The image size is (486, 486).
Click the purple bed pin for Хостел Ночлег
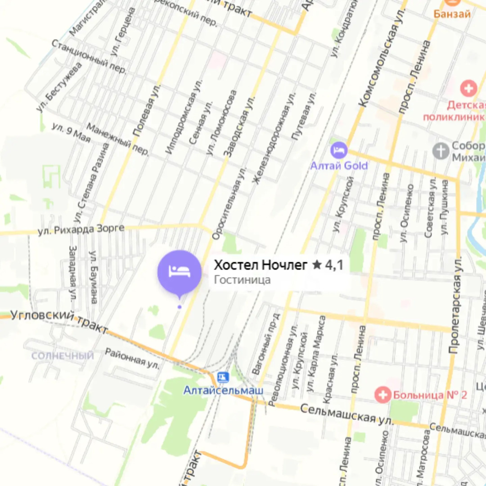[x=179, y=272]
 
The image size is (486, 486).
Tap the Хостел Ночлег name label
[x=261, y=265]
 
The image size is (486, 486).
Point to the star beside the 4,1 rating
[x=317, y=265]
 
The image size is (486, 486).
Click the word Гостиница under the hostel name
[x=242, y=280]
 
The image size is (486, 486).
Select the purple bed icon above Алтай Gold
[x=338, y=150]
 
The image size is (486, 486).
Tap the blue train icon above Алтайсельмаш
[x=223, y=377]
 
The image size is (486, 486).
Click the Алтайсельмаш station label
[x=223, y=390]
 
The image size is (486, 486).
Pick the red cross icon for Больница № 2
[x=383, y=395]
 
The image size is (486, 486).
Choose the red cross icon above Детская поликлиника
[x=468, y=88]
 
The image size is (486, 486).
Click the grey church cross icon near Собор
[x=441, y=151]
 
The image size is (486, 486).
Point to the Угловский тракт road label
[x=58, y=320]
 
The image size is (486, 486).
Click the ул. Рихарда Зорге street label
[x=81, y=229]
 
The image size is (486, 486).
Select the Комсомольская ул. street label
[x=379, y=66]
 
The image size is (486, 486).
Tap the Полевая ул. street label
[x=147, y=110]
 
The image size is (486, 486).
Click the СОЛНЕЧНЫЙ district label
[x=63, y=356]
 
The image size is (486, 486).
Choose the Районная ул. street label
[x=132, y=357]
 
